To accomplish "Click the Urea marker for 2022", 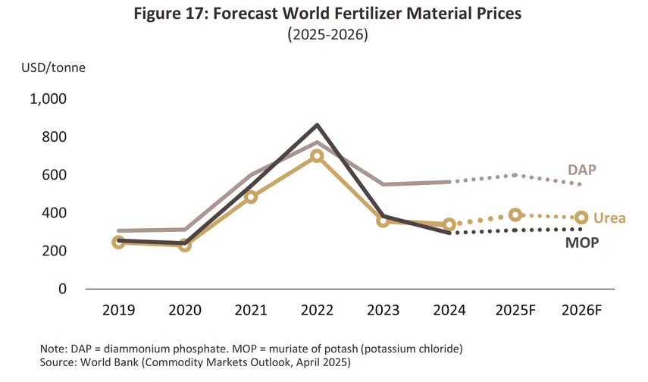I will point(317,156).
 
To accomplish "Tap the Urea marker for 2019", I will point(118,243).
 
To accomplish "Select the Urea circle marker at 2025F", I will point(515,215).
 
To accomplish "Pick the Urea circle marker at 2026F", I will point(581,218).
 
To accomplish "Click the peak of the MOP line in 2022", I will point(317,125).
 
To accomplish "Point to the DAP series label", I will point(582,169).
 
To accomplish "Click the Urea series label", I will point(609,218).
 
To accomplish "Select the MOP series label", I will point(582,243).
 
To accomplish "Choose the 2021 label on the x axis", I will point(251,311).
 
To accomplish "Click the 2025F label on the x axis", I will point(515,311).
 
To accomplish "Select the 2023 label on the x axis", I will point(383,311).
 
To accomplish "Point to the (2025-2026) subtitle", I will point(324,36).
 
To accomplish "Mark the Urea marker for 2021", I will point(251,197).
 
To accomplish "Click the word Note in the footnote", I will point(53,348).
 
